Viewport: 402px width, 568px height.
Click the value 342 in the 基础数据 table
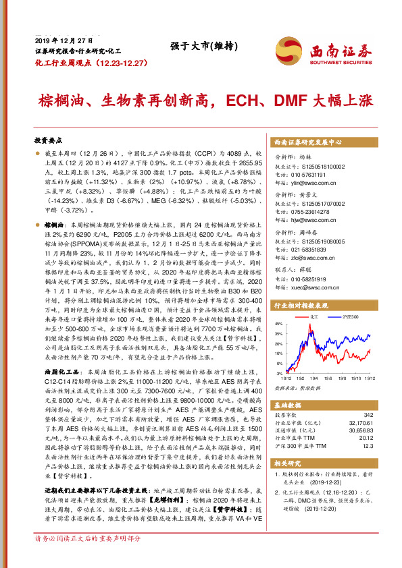[368, 414]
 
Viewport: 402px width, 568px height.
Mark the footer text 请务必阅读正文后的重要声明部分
[88, 557]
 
